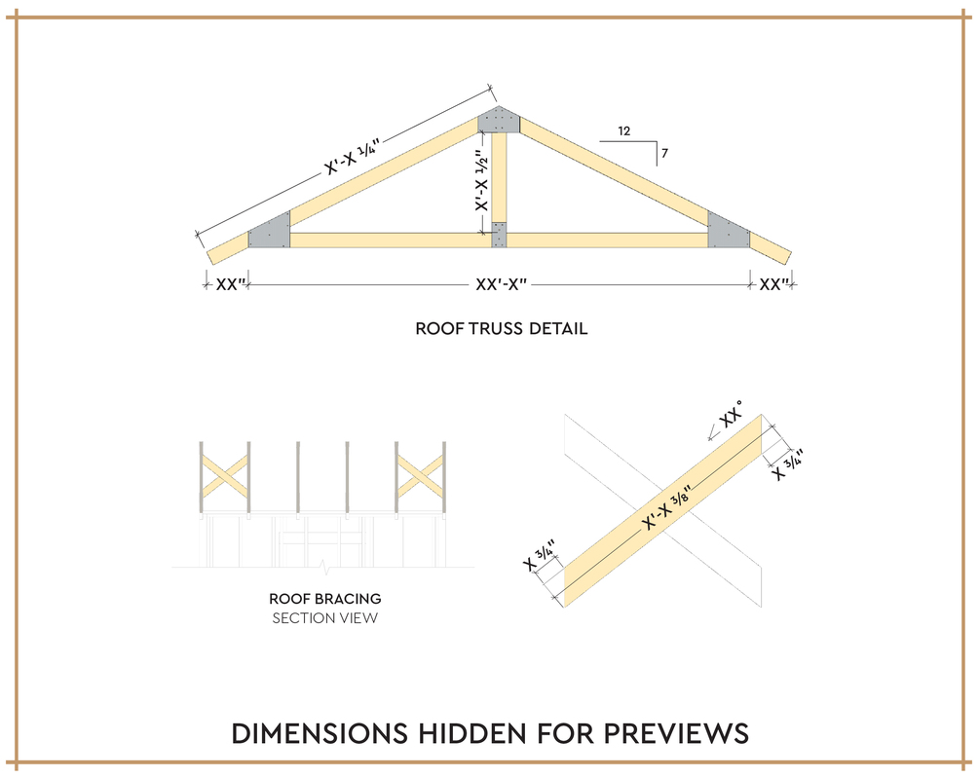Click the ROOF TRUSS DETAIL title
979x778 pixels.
click(502, 329)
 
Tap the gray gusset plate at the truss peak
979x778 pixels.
click(499, 120)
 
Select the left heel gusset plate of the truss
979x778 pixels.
click(270, 231)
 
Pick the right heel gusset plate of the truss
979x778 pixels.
click(728, 231)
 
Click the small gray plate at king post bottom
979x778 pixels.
click(499, 235)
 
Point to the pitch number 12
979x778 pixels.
click(624, 131)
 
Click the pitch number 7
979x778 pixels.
click(665, 153)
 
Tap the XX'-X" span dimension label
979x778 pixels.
click(502, 284)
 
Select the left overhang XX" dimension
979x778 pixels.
click(231, 284)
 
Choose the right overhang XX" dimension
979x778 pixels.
click(773, 284)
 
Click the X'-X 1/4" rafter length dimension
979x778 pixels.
click(352, 156)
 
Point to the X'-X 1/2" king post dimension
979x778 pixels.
click(481, 180)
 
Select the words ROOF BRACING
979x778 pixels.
click(325, 599)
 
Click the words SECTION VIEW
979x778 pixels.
click(325, 618)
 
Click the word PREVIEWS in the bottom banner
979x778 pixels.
click(676, 734)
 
